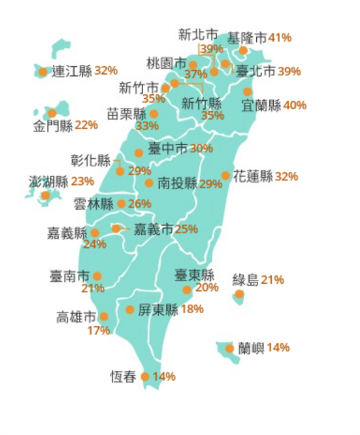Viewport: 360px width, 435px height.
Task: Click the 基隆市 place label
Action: [247, 38]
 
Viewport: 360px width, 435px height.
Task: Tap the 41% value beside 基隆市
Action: [280, 38]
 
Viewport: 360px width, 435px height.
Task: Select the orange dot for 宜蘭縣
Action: [248, 92]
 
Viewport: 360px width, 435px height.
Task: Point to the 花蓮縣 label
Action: [253, 176]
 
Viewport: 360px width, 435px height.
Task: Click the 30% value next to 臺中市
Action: [201, 149]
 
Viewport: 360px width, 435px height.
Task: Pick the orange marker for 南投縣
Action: [149, 183]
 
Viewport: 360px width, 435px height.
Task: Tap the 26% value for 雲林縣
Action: [139, 204]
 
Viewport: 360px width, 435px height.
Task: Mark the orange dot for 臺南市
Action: [97, 276]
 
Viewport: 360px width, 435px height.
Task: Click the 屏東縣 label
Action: [158, 309]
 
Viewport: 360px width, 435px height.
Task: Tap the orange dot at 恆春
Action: [145, 377]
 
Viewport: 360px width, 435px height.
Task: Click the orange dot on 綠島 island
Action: [239, 295]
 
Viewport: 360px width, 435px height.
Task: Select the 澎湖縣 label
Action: [48, 181]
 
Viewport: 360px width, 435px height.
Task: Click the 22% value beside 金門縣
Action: [86, 125]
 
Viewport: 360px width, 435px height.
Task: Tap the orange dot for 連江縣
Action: [43, 72]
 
